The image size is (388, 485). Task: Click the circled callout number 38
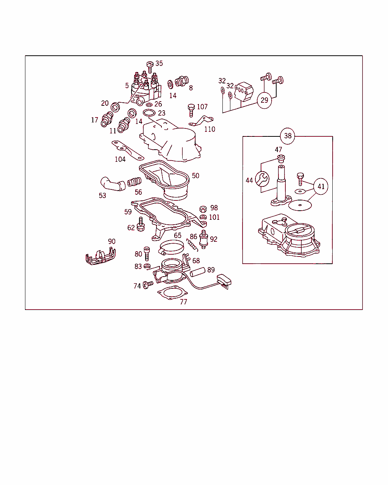(288, 136)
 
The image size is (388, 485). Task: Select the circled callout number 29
(264, 100)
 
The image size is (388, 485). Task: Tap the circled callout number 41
(321, 186)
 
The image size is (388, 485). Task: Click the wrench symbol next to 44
(262, 179)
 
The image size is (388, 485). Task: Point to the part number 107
(202, 106)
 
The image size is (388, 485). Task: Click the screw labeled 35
(150, 67)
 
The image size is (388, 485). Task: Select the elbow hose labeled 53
(113, 184)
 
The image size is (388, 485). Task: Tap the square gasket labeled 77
(172, 293)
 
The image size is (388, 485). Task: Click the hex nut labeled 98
(203, 209)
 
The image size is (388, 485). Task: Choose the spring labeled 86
(192, 245)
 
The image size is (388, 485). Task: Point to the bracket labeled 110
(201, 121)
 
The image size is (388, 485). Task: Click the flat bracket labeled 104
(128, 150)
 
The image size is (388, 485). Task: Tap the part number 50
(196, 175)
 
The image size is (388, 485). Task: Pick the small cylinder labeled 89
(197, 272)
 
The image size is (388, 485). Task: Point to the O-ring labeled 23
(149, 113)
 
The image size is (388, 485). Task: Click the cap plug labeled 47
(281, 158)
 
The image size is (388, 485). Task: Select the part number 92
(213, 239)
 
